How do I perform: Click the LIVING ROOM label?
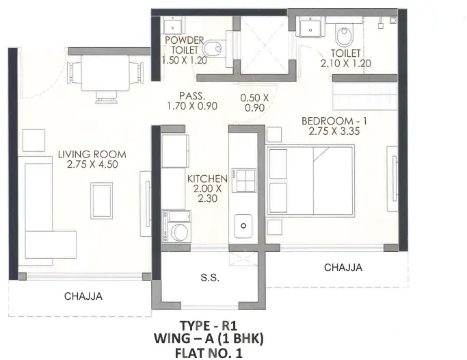tap(92, 155)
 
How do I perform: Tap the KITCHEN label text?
tap(207, 179)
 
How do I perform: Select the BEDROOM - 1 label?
tap(334, 121)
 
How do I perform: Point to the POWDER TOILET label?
tap(185, 44)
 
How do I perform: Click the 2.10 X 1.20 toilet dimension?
tap(345, 64)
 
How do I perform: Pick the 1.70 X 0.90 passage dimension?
tap(192, 106)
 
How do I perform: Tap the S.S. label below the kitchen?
tap(210, 278)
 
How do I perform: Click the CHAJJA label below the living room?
tap(83, 296)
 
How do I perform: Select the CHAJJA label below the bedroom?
tap(343, 268)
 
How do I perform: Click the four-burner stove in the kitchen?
tap(244, 180)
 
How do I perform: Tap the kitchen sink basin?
tap(243, 226)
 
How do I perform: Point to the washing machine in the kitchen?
tap(176, 227)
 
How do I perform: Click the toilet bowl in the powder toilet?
tap(213, 49)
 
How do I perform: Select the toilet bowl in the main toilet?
tap(345, 34)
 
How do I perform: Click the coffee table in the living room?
tap(102, 201)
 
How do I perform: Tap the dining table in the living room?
tap(105, 73)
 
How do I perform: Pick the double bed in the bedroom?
tap(310, 180)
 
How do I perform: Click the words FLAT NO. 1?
tap(209, 353)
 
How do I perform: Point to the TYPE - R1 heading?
tap(209, 326)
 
